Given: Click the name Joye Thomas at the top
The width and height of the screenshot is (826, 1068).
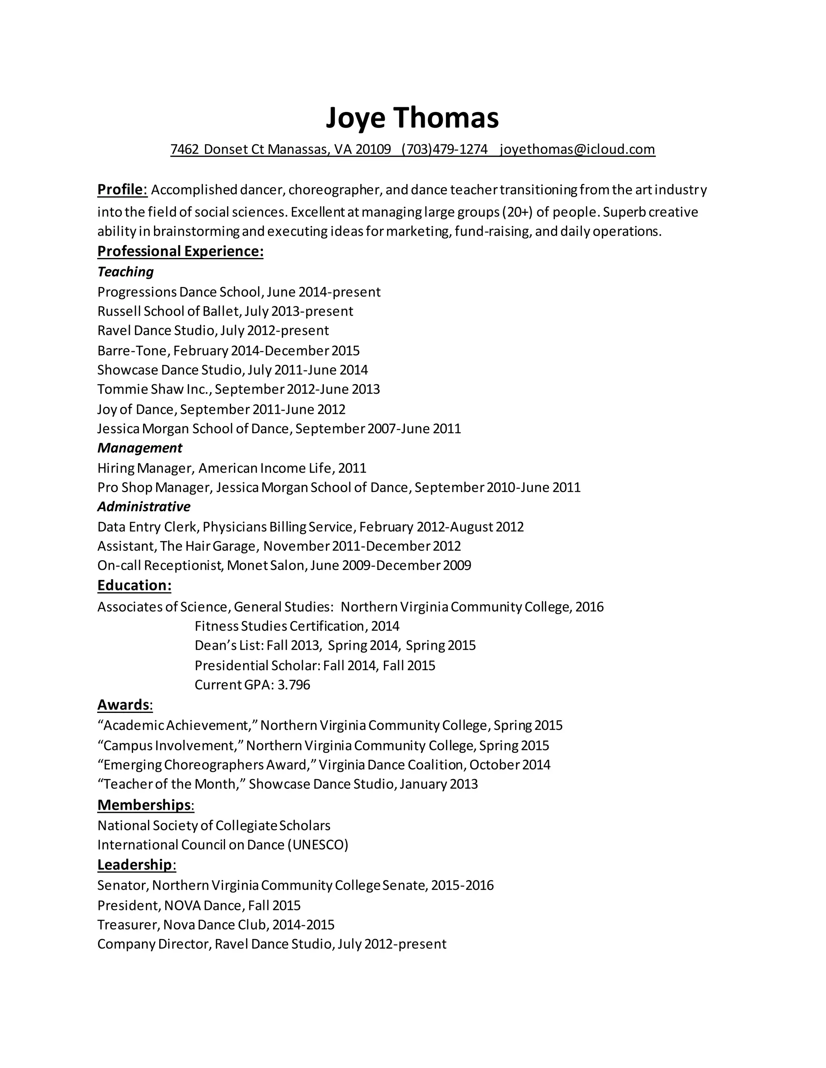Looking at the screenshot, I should [x=412, y=117].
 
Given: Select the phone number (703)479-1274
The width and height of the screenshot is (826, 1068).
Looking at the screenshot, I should [x=444, y=149].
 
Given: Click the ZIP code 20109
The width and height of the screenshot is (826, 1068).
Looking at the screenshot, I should [x=373, y=149].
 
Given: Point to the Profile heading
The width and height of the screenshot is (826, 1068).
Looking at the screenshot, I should [x=122, y=189].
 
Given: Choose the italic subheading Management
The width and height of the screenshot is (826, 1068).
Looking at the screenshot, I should [x=140, y=447].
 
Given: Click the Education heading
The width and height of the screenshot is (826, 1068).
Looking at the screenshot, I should [x=134, y=585].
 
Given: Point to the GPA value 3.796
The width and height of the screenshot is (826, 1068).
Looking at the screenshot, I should [x=294, y=685].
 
